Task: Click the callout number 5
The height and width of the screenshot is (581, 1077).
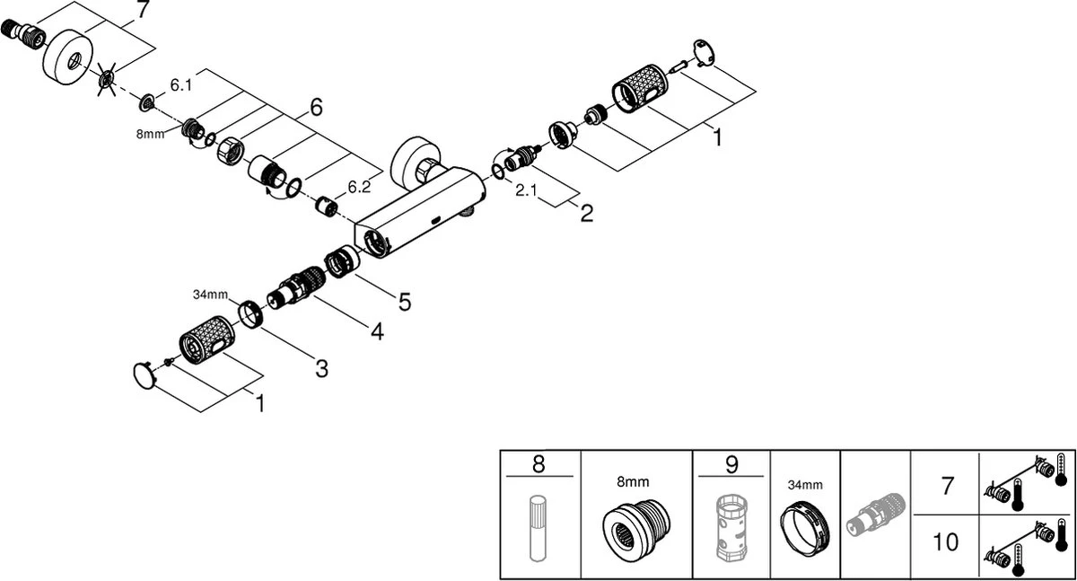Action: pyautogui.click(x=405, y=302)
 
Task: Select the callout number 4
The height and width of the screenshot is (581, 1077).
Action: pyautogui.click(x=376, y=332)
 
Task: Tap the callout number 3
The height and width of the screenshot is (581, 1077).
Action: pyautogui.click(x=320, y=367)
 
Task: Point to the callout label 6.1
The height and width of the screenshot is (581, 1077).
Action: pyautogui.click(x=181, y=84)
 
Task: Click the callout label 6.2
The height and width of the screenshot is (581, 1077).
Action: pyautogui.click(x=359, y=187)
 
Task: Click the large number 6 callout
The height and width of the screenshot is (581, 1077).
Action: pyautogui.click(x=315, y=108)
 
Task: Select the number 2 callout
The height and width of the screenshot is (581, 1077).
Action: pyautogui.click(x=586, y=214)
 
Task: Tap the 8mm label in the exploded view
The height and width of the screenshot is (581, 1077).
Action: pyautogui.click(x=152, y=134)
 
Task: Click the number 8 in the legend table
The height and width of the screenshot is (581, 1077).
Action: pyautogui.click(x=538, y=464)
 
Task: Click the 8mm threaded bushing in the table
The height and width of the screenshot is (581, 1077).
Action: pyautogui.click(x=636, y=527)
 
